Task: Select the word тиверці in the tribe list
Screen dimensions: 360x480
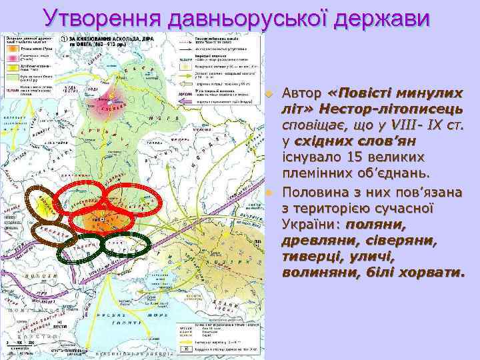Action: coord(310,257)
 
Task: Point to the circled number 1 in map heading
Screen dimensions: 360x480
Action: coord(63,39)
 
